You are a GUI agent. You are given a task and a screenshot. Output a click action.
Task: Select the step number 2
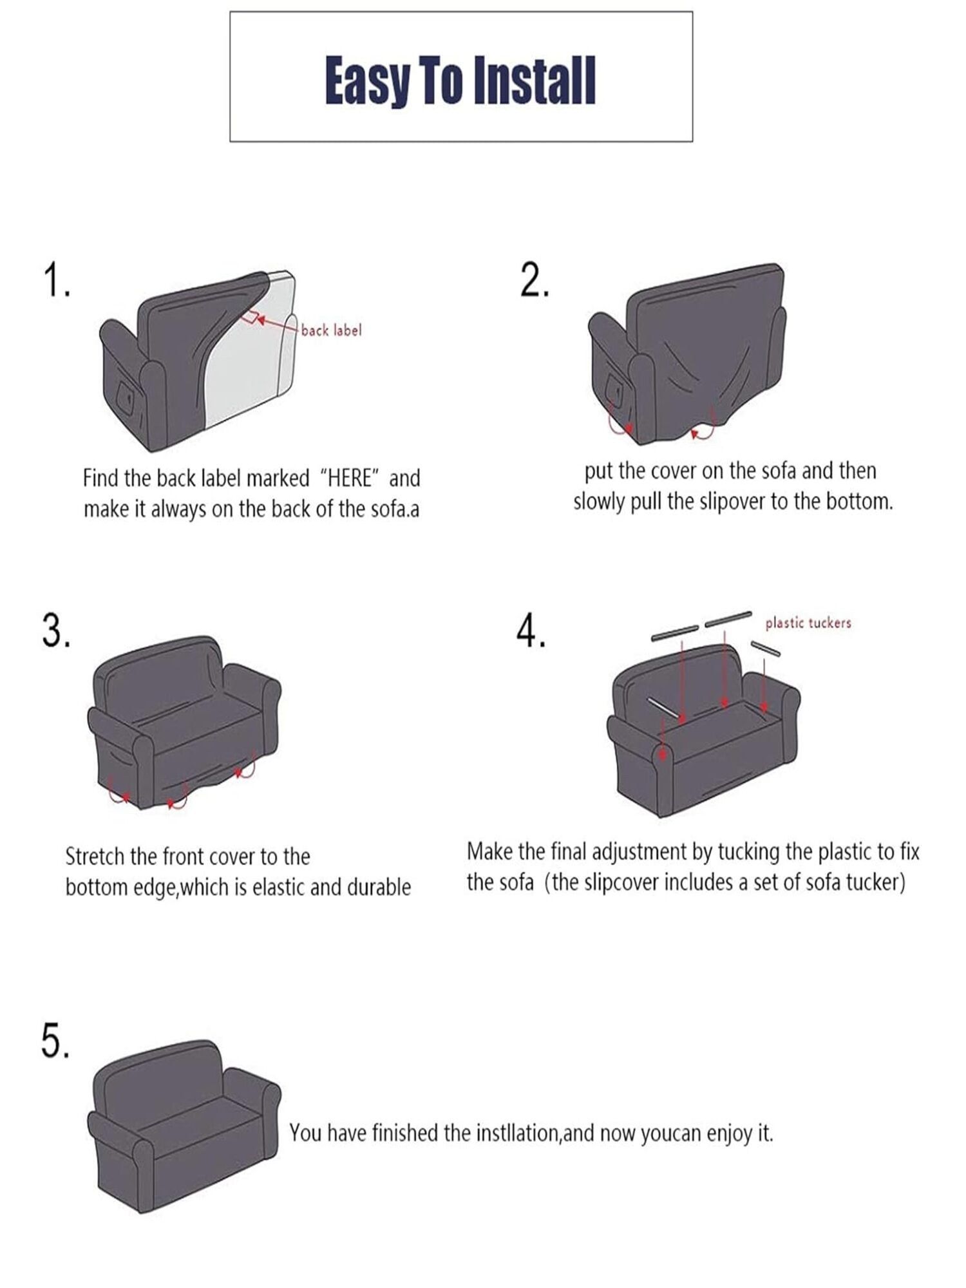(x=535, y=281)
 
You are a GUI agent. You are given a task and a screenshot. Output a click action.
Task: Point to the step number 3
(x=56, y=630)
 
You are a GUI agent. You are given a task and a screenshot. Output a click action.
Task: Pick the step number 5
(x=55, y=1042)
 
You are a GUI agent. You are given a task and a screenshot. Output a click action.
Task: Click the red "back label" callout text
(x=331, y=330)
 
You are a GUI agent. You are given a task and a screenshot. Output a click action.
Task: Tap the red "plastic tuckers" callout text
(x=808, y=623)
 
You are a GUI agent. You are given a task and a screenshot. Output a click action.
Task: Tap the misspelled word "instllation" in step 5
(x=518, y=1133)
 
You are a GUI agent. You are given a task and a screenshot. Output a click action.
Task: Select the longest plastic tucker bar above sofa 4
(x=728, y=618)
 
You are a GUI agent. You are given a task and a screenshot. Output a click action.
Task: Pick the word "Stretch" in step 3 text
(x=95, y=857)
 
